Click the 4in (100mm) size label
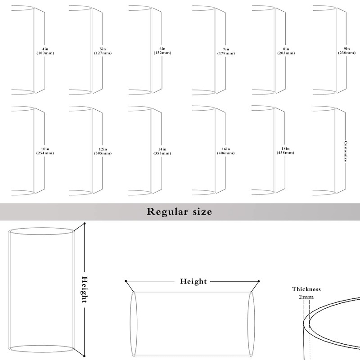click(x=45, y=51)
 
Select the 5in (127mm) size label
click(x=103, y=51)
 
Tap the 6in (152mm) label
click(x=162, y=51)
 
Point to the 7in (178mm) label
click(x=226, y=51)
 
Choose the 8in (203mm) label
click(x=286, y=51)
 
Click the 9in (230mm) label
click(x=346, y=51)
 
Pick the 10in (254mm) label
click(x=45, y=151)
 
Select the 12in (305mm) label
click(x=103, y=151)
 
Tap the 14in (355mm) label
click(x=162, y=151)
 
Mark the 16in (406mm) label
click(x=226, y=151)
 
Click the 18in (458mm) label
click(x=285, y=151)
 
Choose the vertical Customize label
click(x=346, y=151)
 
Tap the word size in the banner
click(x=202, y=211)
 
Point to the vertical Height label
click(x=85, y=290)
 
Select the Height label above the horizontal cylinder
click(x=193, y=281)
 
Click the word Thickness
click(x=306, y=289)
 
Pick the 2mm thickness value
click(x=306, y=297)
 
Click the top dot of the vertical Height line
click(x=85, y=223)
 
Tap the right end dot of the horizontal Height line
click(x=258, y=281)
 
